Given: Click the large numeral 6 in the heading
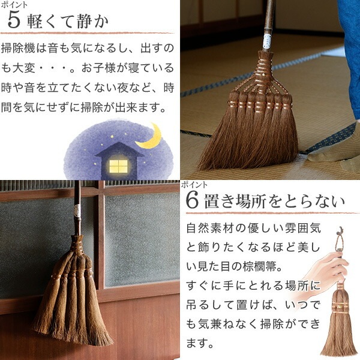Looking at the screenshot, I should click(193, 201).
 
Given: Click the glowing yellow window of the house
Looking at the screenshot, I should click(118, 165).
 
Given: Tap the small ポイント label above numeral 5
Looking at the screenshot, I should click(13, 4).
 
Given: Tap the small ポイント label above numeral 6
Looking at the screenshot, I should click(194, 184).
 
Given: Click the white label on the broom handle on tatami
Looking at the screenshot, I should click(266, 41).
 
